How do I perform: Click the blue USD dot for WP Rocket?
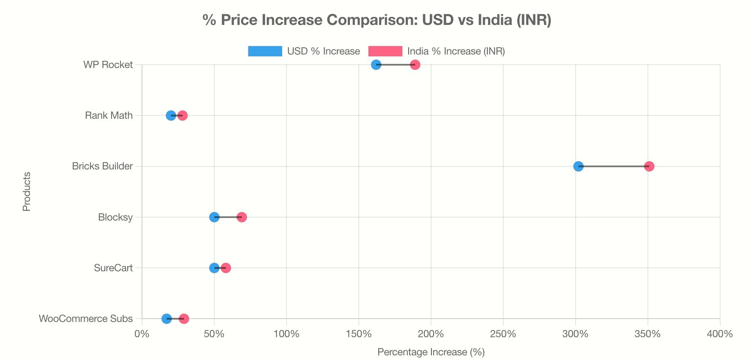(376, 65)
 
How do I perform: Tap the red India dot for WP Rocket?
(415, 65)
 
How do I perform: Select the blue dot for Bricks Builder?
(578, 166)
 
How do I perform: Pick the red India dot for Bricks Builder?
(649, 166)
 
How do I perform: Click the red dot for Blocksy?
(242, 217)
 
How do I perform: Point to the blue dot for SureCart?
(214, 268)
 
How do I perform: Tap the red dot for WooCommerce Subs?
(184, 319)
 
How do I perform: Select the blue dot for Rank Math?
(171, 115)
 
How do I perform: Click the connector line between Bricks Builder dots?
(614, 166)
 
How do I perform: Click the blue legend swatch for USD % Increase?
(265, 51)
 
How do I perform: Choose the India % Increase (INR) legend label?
(456, 51)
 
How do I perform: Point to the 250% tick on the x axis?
(503, 334)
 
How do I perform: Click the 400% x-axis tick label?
(719, 334)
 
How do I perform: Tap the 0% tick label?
(142, 334)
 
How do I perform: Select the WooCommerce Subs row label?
(86, 319)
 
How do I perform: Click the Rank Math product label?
(109, 115)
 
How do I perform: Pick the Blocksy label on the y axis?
(115, 217)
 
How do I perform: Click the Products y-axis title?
(27, 191)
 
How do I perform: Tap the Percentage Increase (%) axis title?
(431, 352)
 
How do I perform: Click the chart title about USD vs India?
(377, 20)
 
